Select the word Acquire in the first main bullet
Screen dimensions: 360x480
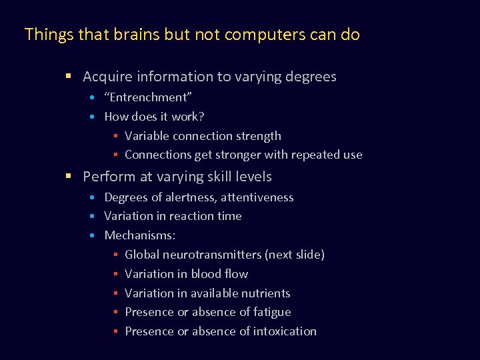[x=107, y=77]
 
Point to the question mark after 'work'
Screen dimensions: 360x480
[x=201, y=117]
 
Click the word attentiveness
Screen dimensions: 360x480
[x=257, y=197]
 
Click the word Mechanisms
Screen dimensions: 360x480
[x=138, y=235]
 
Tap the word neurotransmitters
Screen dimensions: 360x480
[x=212, y=255]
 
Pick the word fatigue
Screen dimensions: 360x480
[x=270, y=312]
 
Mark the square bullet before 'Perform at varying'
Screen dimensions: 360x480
[x=68, y=177]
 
